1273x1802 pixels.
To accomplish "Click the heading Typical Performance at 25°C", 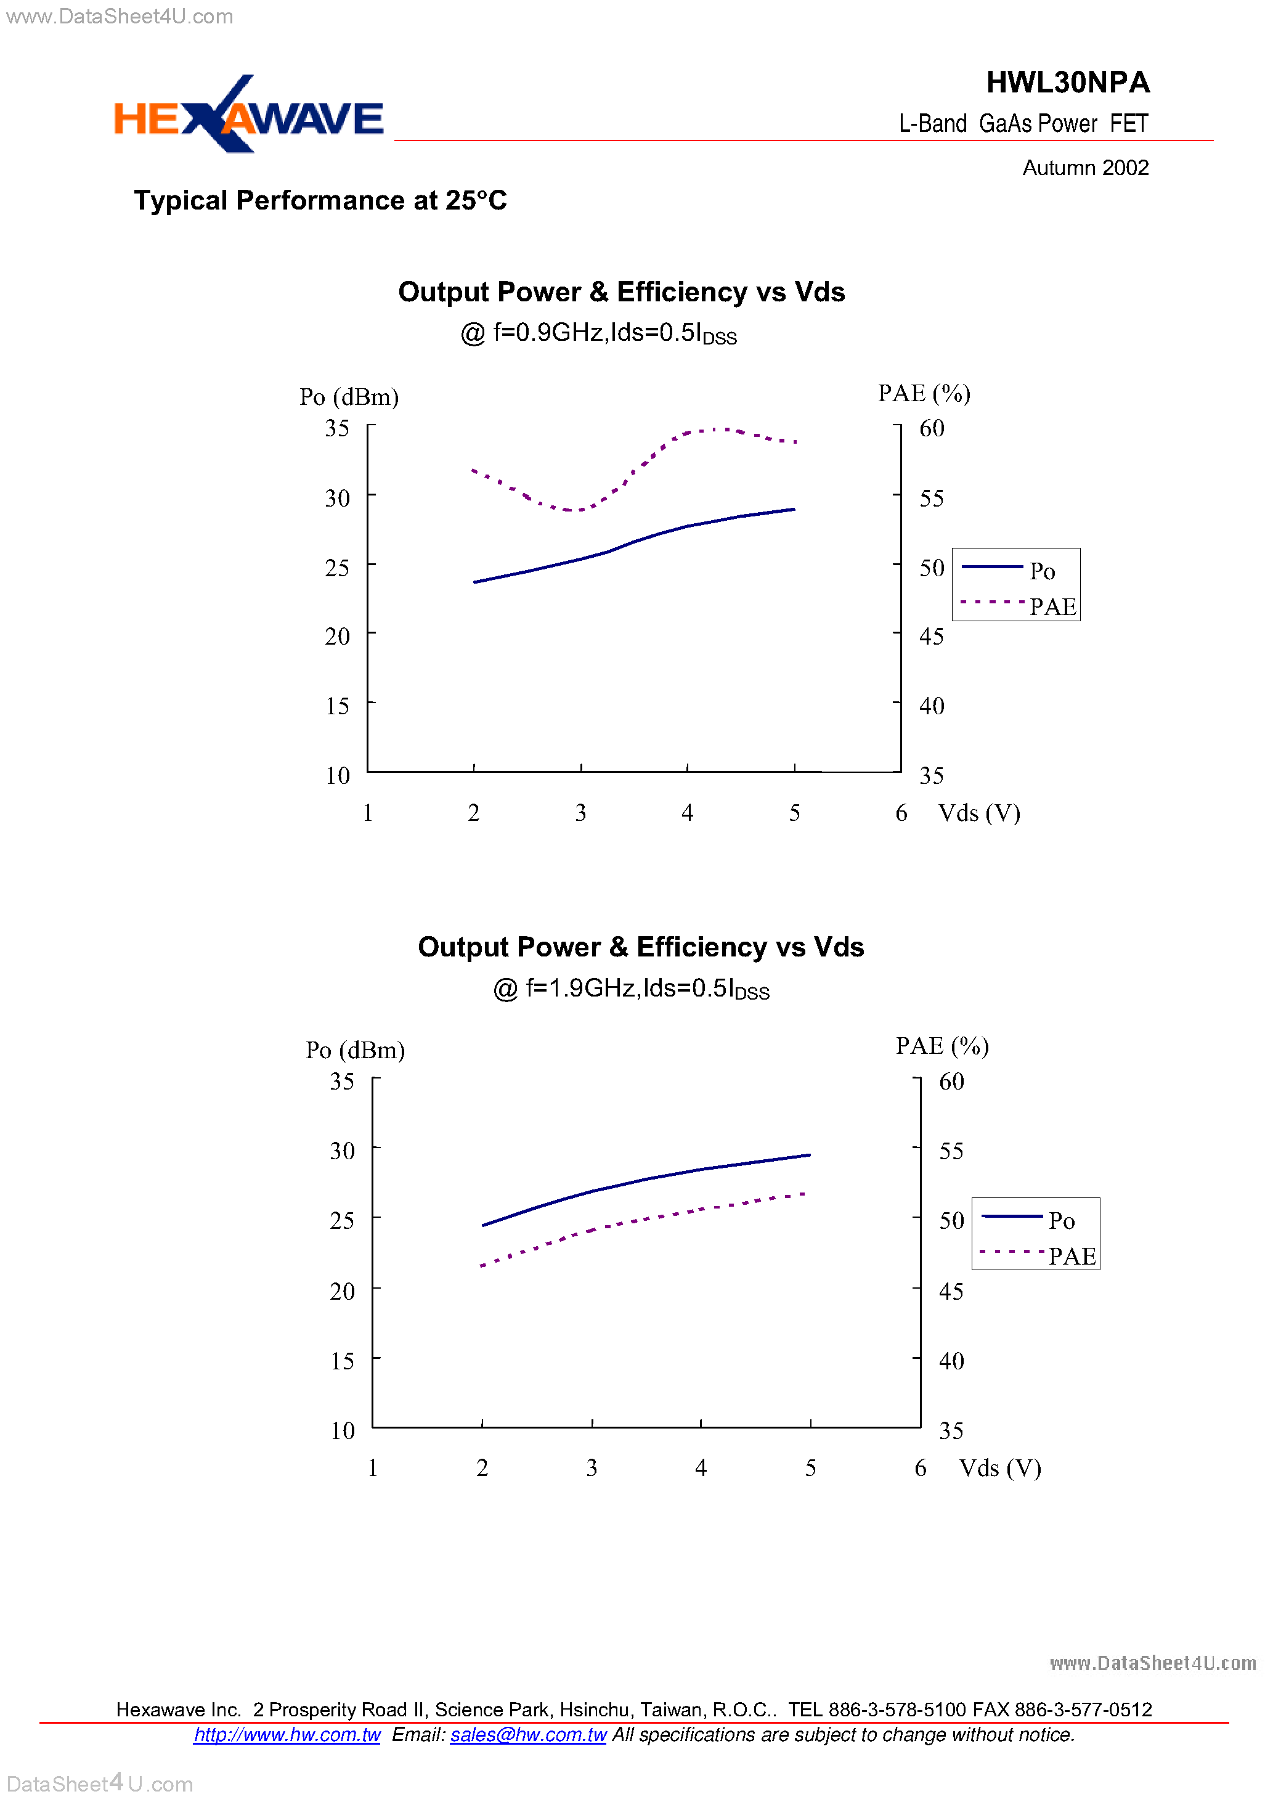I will coord(320,201).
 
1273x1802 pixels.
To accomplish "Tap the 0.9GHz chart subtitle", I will coord(598,333).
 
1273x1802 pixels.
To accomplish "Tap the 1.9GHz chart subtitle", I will coord(631,989).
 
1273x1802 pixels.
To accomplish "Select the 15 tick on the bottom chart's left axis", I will coord(342,1361).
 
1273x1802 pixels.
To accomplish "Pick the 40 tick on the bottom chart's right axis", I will coord(951,1361).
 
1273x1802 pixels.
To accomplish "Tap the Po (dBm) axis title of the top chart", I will coord(349,397).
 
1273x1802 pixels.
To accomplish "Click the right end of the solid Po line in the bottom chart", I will coord(809,1156).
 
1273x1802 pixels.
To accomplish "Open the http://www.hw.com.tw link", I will coord(287,1734).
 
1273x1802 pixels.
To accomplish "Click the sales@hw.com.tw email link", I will coord(528,1734).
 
